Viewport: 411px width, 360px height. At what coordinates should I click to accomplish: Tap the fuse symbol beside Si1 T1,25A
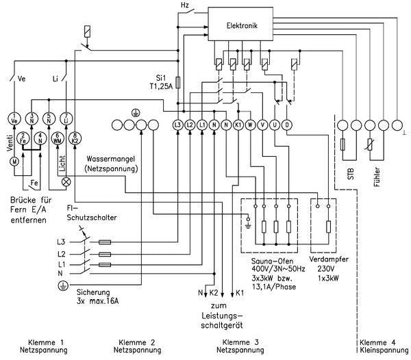click(x=179, y=82)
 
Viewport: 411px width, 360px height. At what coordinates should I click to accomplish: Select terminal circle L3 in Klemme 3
click(x=178, y=125)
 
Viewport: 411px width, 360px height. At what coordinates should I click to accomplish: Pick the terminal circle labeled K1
click(x=238, y=125)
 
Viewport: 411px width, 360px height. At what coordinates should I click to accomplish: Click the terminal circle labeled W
click(x=250, y=125)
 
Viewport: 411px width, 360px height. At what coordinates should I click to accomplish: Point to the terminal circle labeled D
click(x=286, y=125)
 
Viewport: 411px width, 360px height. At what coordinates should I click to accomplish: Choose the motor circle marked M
click(x=12, y=162)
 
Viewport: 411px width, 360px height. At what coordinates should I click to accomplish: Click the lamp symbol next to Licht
click(x=66, y=181)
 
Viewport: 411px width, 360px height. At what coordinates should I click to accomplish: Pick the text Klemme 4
click(x=377, y=342)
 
